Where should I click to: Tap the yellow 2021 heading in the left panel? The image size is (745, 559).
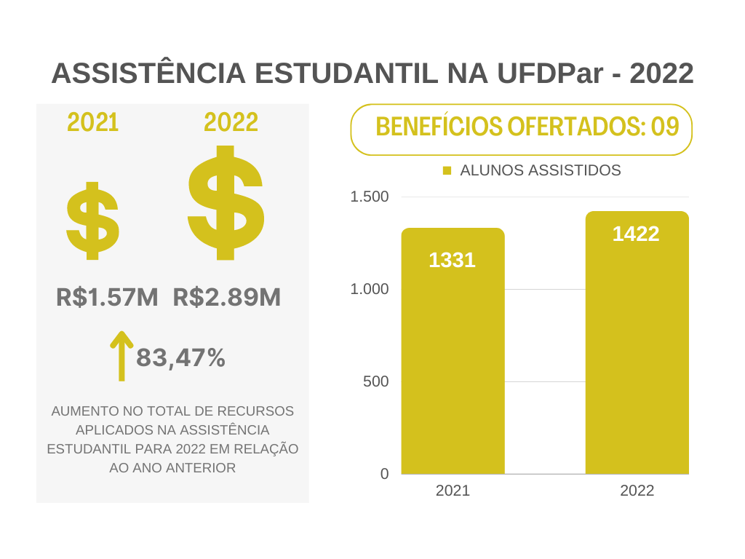tap(93, 123)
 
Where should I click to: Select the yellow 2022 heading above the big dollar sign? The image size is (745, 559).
tap(231, 123)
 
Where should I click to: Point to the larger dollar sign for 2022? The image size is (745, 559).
tap(226, 203)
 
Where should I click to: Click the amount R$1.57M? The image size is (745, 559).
tap(107, 297)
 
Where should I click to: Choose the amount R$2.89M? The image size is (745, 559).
tap(227, 297)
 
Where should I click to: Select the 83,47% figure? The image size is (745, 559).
tap(180, 357)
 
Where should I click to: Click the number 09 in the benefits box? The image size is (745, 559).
tap(665, 127)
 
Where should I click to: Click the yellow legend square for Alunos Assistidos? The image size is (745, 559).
tap(447, 170)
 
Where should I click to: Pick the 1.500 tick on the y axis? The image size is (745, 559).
tap(370, 197)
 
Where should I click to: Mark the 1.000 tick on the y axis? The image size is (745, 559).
tap(370, 289)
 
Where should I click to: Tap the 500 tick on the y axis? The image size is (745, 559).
tap(376, 381)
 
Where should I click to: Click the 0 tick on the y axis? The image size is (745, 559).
tap(385, 474)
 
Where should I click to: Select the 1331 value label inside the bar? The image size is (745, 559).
tap(452, 260)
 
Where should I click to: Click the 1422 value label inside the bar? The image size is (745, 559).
tap(636, 234)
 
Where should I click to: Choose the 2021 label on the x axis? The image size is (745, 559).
tap(453, 491)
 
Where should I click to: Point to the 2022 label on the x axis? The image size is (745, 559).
tap(637, 491)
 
